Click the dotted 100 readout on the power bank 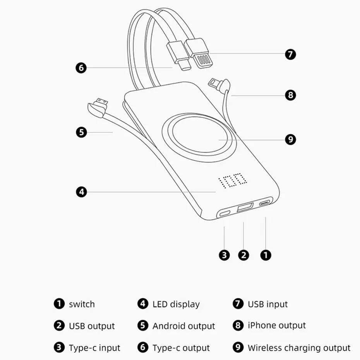233,180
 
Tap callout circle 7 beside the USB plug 290,54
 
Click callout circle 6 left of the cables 81,68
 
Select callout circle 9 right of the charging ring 290,139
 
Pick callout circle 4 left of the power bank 81,191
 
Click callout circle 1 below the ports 266,255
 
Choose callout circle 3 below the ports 224,255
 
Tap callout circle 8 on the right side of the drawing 290,95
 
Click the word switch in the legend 82,304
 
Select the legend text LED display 176,304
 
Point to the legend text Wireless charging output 299,348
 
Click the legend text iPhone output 277,326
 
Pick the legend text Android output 183,326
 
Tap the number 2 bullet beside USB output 59,326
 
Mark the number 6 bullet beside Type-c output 143,347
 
